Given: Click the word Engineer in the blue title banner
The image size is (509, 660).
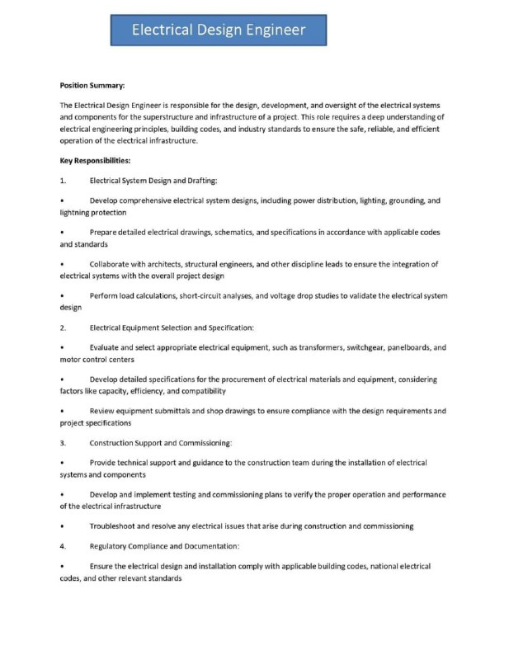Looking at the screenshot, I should [268, 31].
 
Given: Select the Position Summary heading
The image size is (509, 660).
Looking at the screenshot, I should [92, 85].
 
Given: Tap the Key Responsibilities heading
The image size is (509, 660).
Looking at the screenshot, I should [96, 160].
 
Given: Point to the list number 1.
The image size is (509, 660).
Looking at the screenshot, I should [63, 180].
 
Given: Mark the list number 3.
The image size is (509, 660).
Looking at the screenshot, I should [63, 443].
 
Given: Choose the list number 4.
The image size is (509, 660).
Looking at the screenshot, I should [63, 546].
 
